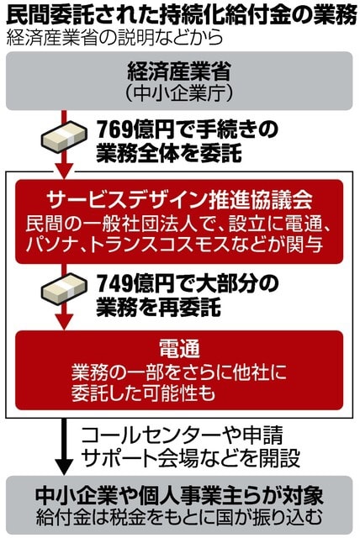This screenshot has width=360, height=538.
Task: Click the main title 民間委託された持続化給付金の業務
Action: point(182,15)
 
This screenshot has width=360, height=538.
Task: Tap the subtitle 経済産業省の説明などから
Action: point(115,38)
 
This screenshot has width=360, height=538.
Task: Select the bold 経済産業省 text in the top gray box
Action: point(179,71)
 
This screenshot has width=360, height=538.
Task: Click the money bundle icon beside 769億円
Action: point(63,136)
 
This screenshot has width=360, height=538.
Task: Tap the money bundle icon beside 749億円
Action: point(63,288)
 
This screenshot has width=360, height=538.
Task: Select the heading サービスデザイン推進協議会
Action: point(179,200)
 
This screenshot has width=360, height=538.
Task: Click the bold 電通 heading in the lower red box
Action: point(179,350)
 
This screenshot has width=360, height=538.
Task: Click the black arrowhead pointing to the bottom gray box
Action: point(63,467)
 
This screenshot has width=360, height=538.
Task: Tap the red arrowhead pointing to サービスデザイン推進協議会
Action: point(63,171)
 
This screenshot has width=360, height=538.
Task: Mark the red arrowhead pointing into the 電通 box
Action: point(63,322)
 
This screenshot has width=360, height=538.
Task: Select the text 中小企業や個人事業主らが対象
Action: point(179,495)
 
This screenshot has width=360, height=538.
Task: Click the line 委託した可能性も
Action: point(143,393)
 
